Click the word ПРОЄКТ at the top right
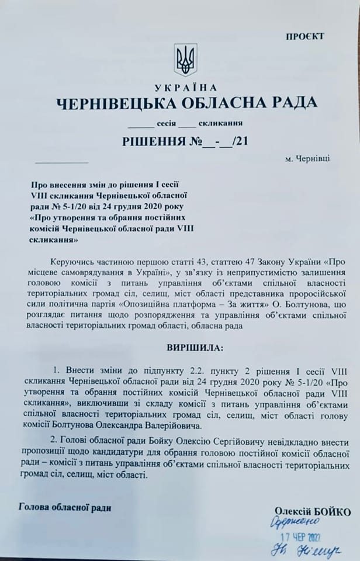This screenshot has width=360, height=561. point(304,37)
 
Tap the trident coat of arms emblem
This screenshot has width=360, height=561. point(185,60)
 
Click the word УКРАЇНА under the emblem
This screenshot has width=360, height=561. point(185,87)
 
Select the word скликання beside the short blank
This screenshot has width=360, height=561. point(220,123)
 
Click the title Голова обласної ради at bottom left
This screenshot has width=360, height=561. point(65,507)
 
